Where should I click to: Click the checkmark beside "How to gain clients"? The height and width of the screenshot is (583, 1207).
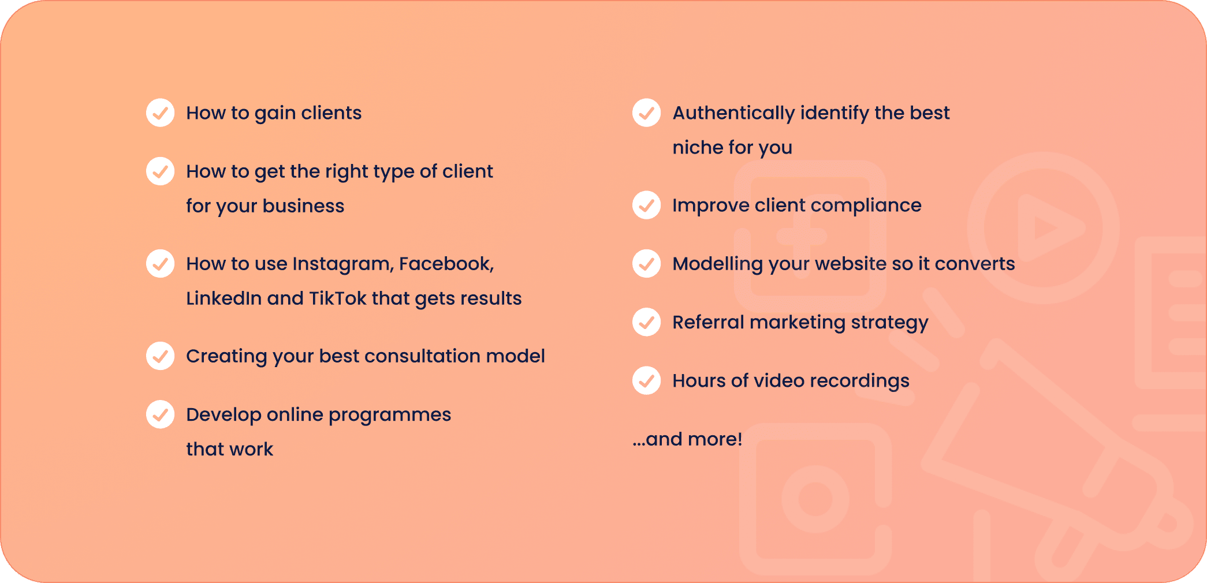161,113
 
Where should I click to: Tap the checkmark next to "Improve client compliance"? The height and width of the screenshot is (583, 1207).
647,205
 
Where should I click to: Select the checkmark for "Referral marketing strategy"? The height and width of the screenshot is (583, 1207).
647,322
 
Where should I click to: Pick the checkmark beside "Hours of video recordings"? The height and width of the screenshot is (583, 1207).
647,380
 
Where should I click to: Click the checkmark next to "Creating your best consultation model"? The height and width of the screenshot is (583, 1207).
161,356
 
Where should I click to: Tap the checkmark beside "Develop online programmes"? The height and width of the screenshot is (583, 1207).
161,414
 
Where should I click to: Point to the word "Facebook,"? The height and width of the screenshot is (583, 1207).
446,264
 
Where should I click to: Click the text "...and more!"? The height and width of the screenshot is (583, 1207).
687,439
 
